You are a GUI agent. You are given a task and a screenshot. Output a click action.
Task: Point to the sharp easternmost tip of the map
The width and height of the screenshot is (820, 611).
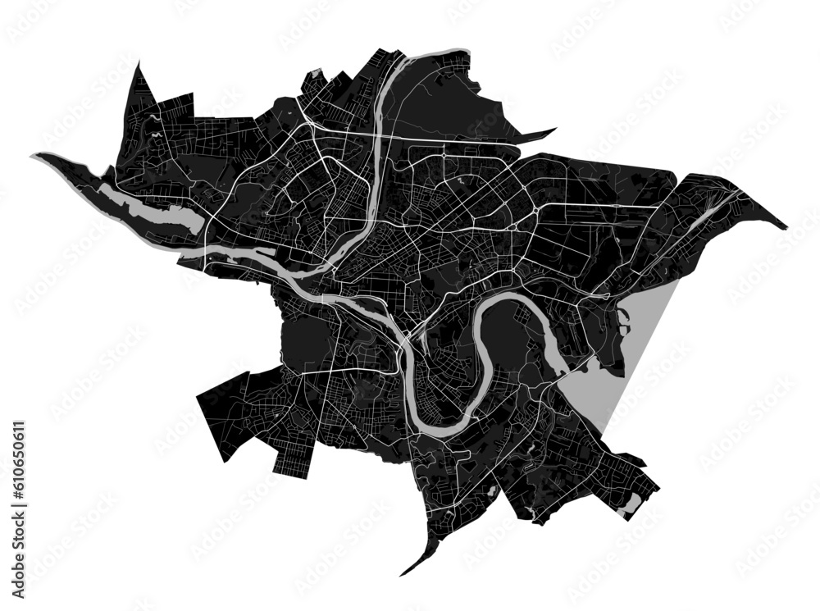click(x=786, y=228)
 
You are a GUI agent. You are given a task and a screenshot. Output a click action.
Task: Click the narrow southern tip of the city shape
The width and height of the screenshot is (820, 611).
click(x=403, y=573)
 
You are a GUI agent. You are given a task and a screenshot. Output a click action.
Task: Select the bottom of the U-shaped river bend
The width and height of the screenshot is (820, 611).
click(x=439, y=426)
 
